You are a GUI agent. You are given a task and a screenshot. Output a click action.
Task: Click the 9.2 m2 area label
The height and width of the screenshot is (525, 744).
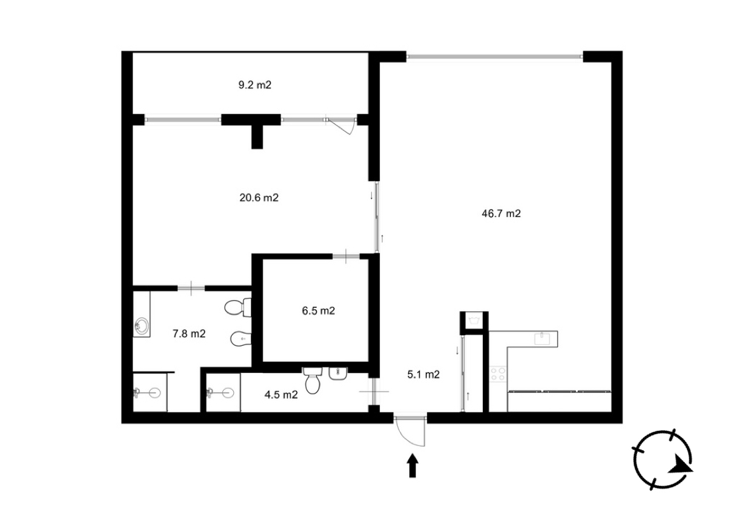255,86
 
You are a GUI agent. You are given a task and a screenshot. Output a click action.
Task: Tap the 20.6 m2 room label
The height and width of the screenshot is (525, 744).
258,198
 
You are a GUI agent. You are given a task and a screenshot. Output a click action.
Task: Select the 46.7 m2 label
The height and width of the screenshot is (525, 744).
501,214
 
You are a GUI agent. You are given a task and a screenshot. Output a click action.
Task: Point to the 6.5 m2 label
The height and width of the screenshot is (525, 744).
318,311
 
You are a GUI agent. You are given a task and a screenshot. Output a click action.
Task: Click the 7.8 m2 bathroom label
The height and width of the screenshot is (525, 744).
189,334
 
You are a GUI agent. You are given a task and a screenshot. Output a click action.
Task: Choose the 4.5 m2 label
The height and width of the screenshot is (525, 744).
281,395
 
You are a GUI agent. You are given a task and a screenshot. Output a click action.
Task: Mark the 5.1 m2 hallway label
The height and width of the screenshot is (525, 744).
423,374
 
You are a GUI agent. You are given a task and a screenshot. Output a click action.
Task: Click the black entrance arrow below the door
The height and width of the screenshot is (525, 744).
413,466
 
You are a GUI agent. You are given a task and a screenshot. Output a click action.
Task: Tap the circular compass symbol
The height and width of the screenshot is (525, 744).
662,460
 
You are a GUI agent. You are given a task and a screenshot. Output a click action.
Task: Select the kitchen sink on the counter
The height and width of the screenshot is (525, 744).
541,338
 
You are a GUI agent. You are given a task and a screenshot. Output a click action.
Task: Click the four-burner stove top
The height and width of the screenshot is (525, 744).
498,374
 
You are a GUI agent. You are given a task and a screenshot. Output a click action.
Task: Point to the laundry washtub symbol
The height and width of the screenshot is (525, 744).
474,320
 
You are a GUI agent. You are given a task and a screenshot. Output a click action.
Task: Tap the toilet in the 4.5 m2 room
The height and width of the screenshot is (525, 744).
313,380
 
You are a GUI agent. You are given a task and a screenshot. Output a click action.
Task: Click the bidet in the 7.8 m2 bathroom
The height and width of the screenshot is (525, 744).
240,338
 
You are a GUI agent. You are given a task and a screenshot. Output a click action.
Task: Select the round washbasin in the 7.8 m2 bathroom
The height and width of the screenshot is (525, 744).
141,326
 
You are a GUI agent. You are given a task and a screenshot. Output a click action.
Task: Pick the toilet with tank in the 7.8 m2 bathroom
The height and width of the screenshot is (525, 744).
238,308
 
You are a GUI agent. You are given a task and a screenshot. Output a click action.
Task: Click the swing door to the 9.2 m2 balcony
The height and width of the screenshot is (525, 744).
341,125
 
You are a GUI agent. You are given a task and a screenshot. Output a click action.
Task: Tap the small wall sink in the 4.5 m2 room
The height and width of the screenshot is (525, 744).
338,373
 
